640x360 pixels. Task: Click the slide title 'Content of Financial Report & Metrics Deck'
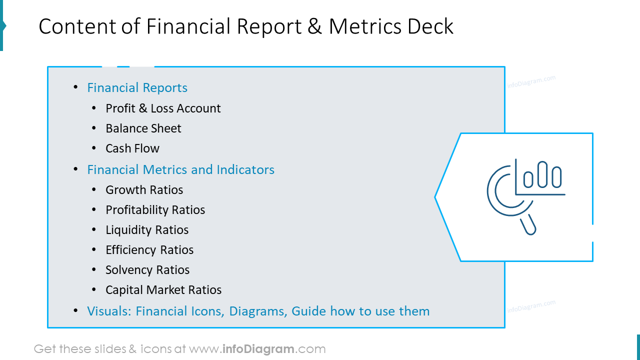[246, 26]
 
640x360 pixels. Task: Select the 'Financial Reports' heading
[137, 87]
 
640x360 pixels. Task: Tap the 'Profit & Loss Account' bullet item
[163, 108]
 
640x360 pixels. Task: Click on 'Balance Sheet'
[143, 128]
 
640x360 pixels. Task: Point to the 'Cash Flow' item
[132, 148]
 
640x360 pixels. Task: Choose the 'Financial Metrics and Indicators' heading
[180, 169]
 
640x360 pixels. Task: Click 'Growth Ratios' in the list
[144, 190]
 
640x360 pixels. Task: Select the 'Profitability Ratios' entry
[155, 210]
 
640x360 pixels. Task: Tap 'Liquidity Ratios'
[147, 230]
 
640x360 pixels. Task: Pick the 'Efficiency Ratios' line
[149, 250]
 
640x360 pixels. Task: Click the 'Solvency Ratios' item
[147, 270]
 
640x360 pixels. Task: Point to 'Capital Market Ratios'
[163, 290]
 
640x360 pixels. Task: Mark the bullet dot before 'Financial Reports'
[75, 87]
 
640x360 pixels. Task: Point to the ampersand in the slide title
[314, 26]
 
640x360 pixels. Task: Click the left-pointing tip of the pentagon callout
[436, 197]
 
